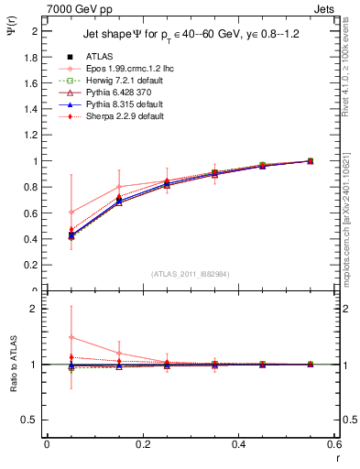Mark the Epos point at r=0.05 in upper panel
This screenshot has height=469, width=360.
(71, 212)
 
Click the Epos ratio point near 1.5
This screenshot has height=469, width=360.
(71, 337)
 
